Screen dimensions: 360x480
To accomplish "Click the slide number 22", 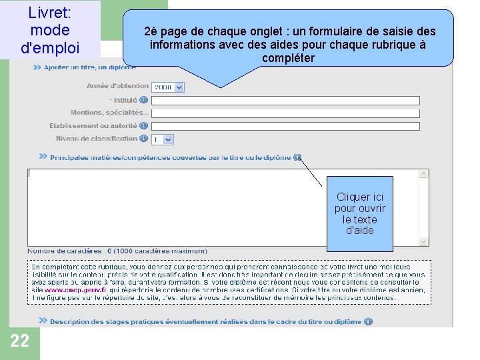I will point(20,341).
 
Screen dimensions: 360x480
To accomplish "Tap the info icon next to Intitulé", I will point(144,100).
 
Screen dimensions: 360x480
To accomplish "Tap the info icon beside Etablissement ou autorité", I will point(144,126).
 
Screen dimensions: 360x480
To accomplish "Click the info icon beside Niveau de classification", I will point(144,139).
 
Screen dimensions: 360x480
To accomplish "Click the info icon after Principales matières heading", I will point(297,157).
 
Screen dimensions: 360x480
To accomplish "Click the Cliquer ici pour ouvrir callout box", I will point(360,213).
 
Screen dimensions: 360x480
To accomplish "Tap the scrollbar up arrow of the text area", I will point(423,174).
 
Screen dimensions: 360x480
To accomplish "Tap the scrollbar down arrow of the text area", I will point(423,241).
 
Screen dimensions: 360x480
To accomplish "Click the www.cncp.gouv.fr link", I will point(75,291).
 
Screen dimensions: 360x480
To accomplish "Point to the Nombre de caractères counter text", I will point(117,251).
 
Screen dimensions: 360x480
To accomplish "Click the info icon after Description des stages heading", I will point(368,321).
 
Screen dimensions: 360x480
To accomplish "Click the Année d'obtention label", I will point(117,86).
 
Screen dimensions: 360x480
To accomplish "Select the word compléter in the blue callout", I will point(288,58).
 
